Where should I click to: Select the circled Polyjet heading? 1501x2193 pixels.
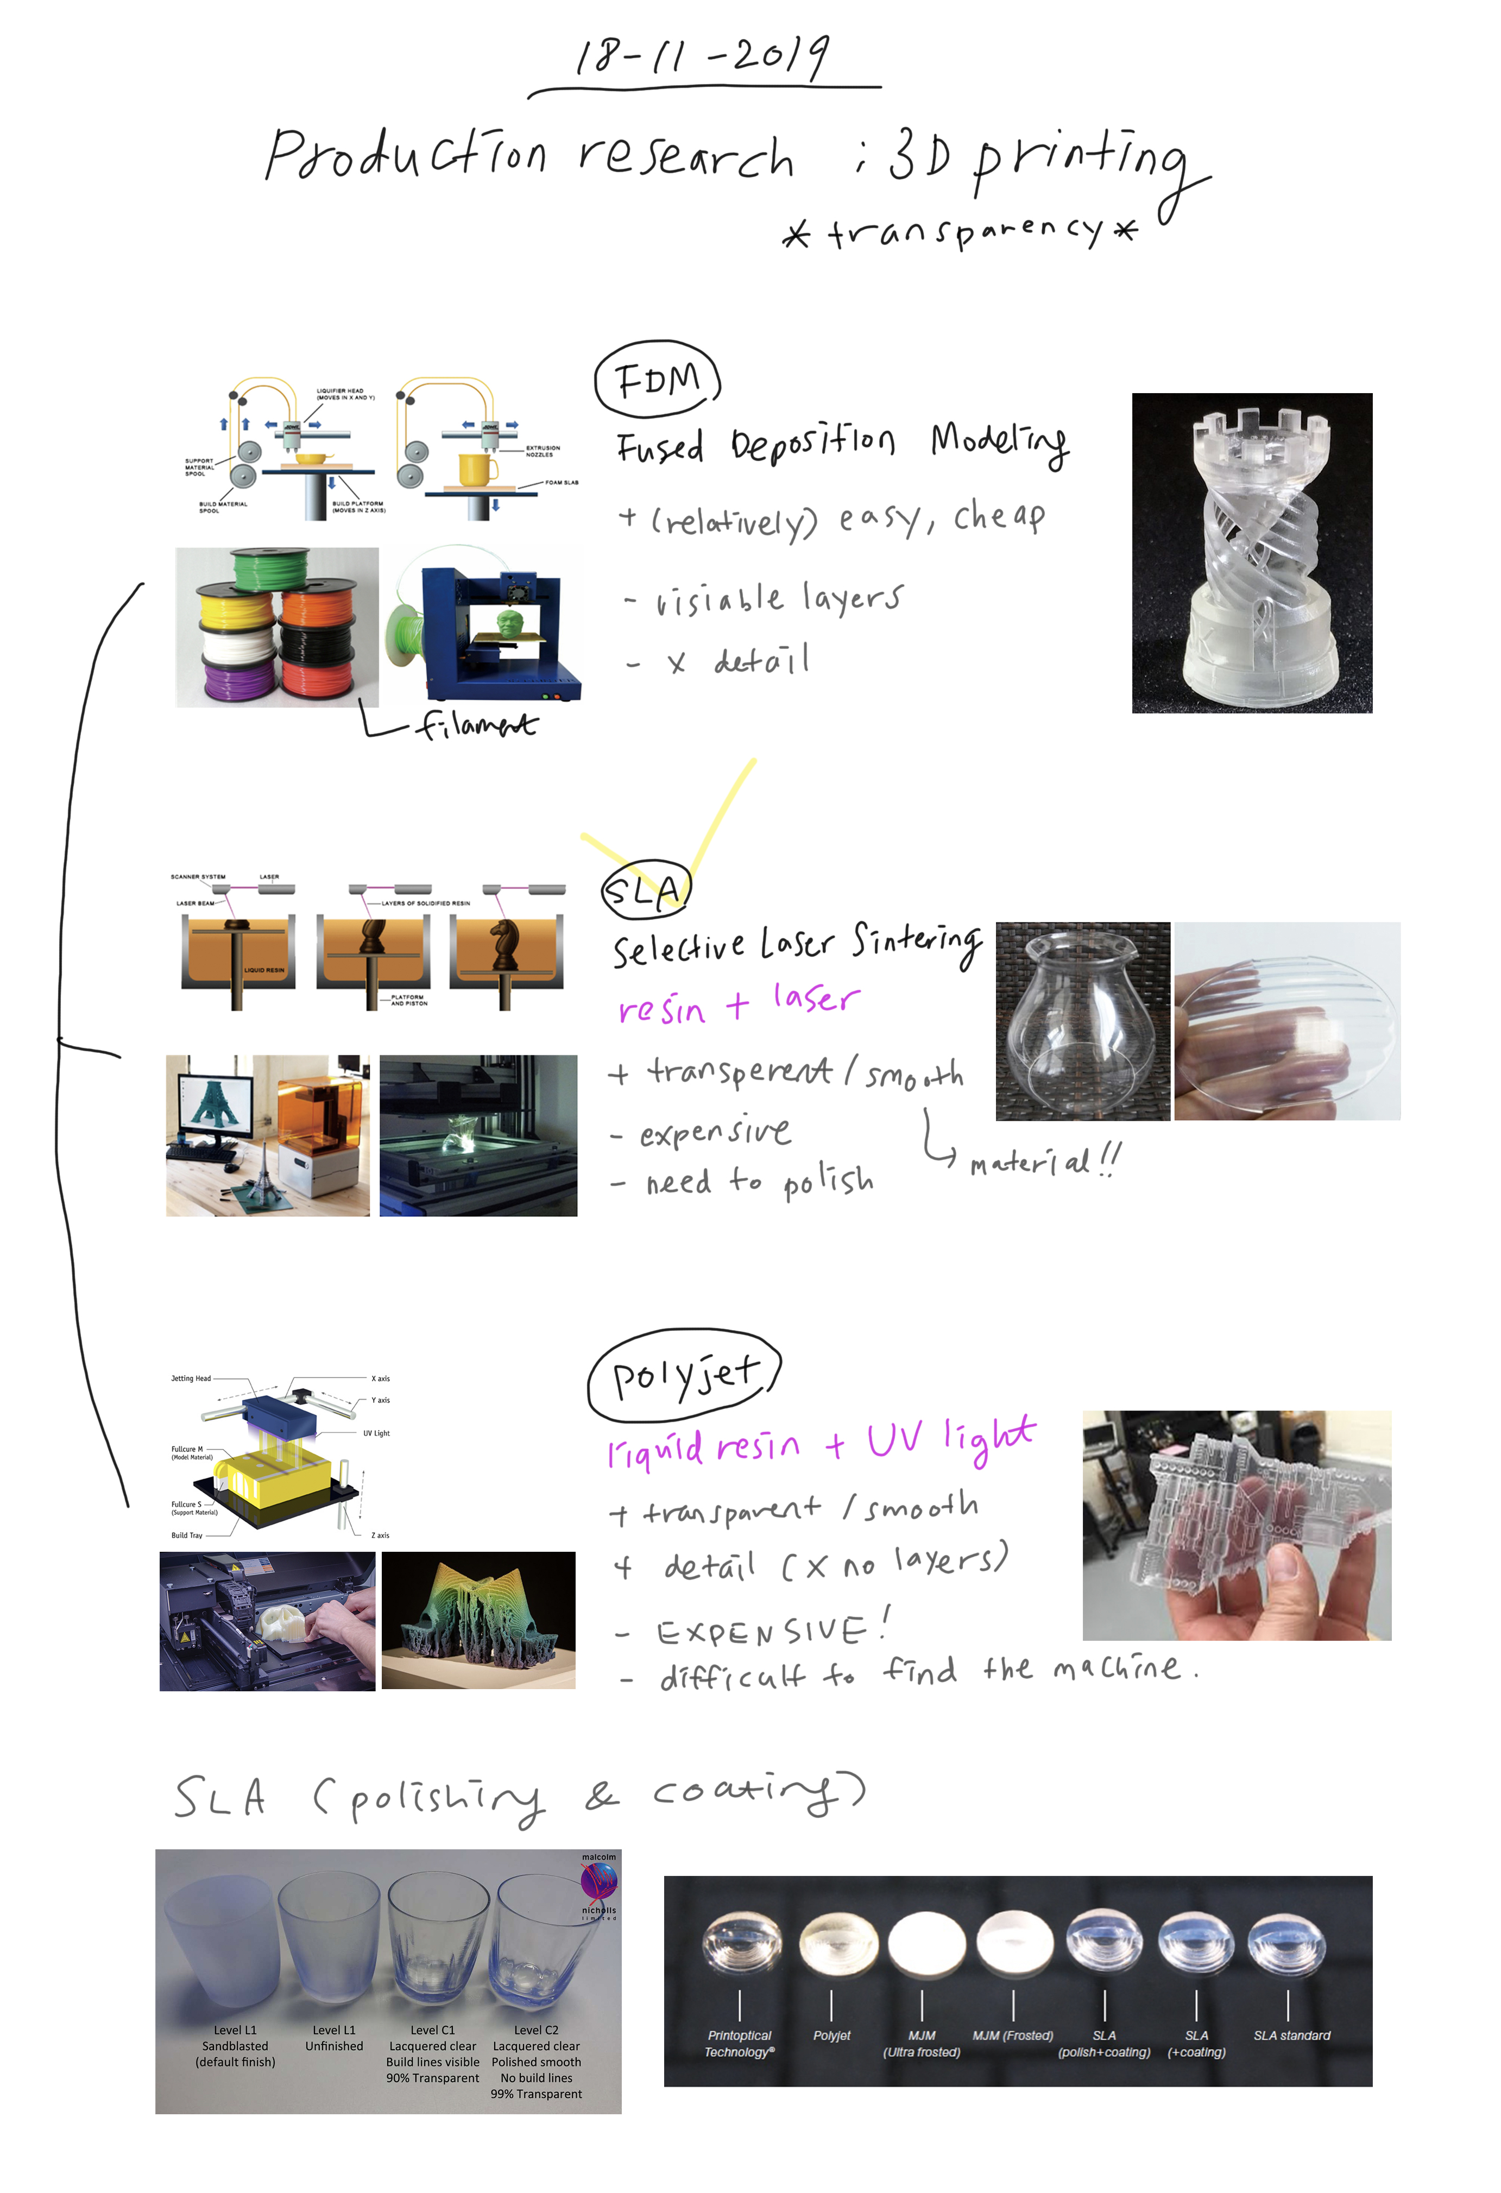[684, 1377]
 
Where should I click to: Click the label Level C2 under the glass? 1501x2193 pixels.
[535, 2030]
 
